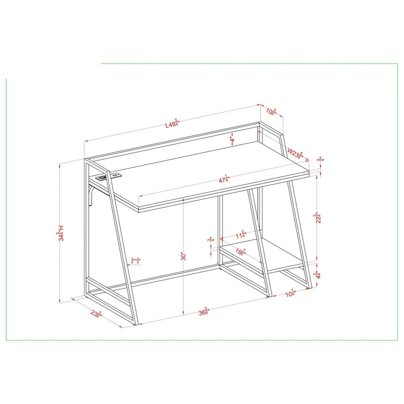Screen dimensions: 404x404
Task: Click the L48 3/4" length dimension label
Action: [172, 125]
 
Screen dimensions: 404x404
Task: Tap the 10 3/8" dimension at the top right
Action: [273, 111]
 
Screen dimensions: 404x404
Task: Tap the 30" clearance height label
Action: [184, 256]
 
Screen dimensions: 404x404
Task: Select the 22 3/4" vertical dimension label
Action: [317, 220]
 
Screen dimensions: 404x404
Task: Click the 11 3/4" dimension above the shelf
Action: [240, 235]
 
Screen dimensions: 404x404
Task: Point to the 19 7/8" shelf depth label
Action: [240, 252]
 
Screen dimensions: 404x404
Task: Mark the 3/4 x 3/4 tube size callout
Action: [136, 261]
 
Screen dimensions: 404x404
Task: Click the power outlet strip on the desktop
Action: [110, 177]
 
